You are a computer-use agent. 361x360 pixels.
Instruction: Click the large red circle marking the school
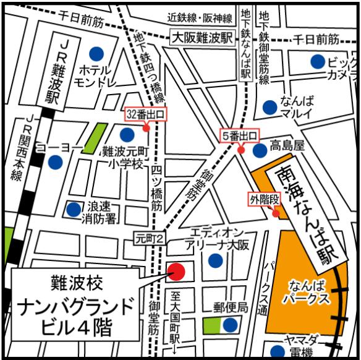177,271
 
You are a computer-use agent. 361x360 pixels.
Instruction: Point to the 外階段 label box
265,199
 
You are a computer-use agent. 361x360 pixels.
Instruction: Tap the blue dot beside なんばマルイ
270,107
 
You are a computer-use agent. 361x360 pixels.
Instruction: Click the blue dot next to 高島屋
260,148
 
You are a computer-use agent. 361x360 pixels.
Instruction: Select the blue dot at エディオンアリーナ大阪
215,260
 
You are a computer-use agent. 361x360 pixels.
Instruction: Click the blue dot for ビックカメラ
318,61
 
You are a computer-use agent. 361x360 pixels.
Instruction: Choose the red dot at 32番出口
147,129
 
